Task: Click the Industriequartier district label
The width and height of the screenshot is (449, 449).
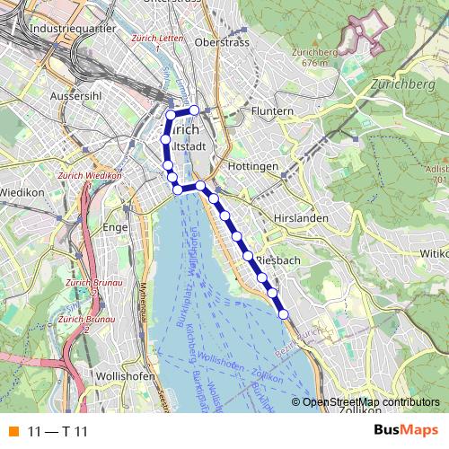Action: click(66, 29)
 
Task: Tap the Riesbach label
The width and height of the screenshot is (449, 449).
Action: click(277, 260)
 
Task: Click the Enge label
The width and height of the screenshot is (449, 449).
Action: click(117, 228)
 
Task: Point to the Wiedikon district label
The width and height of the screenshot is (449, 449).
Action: click(22, 192)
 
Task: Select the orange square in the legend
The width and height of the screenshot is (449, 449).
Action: click(12, 432)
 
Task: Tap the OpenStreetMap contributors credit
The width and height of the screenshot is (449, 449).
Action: click(372, 402)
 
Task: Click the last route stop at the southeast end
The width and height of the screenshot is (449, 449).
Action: click(284, 313)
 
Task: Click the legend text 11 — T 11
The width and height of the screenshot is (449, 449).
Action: click(58, 432)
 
